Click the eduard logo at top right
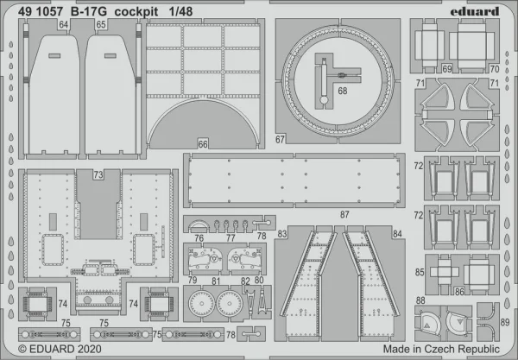[x=474, y=12]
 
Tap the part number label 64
[x=63, y=25]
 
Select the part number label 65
[x=101, y=25]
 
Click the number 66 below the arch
[x=203, y=144]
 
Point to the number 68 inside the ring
[x=343, y=91]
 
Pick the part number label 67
[x=280, y=139]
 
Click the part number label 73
[x=98, y=174]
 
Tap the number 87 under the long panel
[x=344, y=215]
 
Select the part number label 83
[x=282, y=234]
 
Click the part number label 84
[x=397, y=234]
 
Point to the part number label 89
[x=505, y=322]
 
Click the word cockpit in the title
[x=136, y=12]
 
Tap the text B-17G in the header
[x=88, y=12]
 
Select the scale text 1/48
[x=180, y=12]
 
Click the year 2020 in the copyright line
[x=90, y=349]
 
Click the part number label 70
[x=495, y=69]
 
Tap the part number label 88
[x=420, y=300]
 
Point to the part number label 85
[x=420, y=273]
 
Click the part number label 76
[x=199, y=237]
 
